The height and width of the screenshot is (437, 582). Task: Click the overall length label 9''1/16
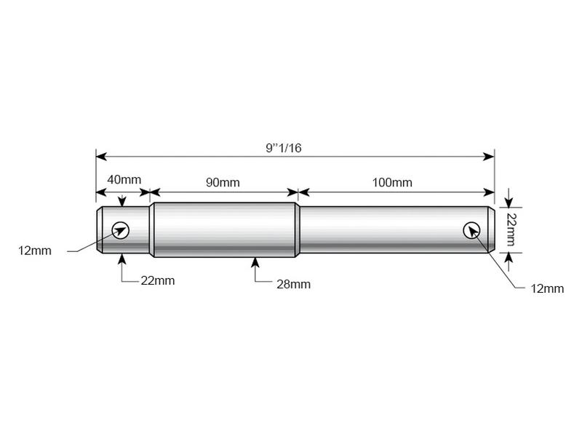point(284,148)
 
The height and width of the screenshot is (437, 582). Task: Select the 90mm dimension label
point(222,182)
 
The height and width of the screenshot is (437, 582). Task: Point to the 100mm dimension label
point(392,182)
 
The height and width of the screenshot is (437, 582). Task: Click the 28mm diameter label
point(293,284)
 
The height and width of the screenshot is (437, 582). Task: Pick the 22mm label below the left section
point(157,280)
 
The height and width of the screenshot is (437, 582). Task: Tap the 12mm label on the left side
point(35,251)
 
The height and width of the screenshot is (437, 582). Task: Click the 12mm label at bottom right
point(547,288)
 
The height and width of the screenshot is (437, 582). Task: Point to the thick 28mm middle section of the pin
point(224,230)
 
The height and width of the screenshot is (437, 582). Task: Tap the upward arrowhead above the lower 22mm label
point(121,258)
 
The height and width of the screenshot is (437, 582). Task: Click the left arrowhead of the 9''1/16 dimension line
point(101,156)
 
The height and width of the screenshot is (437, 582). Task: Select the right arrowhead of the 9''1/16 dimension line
point(490,156)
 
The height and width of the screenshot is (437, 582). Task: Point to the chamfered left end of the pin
point(98,230)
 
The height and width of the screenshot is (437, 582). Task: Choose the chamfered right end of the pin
point(493,230)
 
